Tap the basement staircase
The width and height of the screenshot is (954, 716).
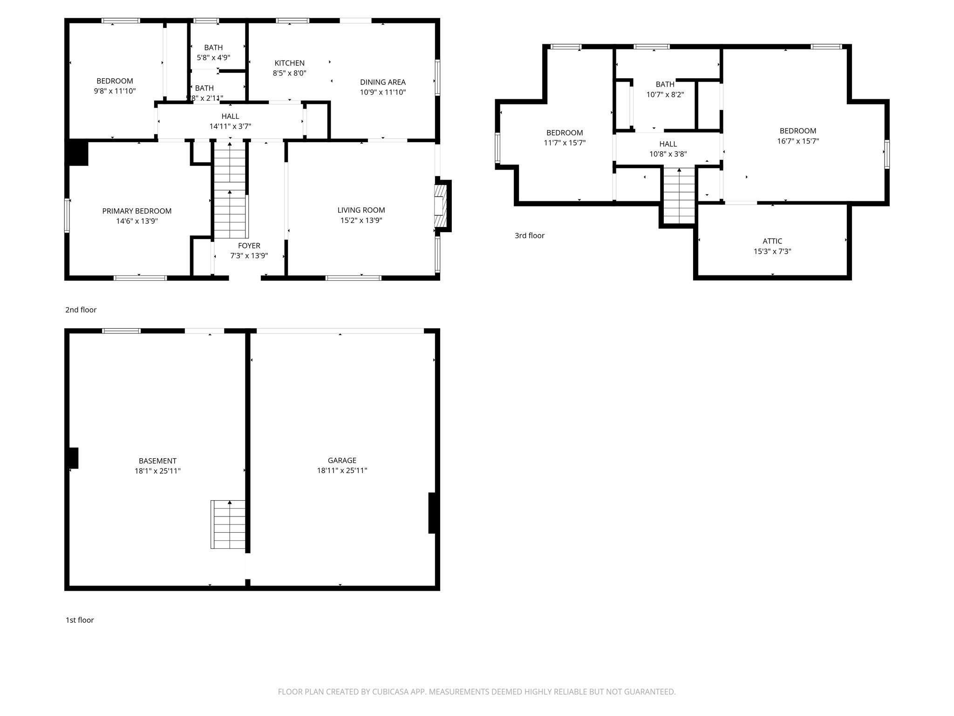click(228, 524)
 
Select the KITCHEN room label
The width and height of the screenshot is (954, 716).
click(289, 63)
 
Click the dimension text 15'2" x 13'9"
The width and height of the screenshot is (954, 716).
click(361, 220)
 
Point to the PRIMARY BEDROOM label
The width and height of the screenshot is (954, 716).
click(137, 211)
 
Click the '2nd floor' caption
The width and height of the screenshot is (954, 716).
click(81, 310)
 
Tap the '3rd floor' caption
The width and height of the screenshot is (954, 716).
click(529, 236)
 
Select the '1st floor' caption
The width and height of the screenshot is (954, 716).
click(80, 620)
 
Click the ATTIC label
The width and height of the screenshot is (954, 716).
click(772, 241)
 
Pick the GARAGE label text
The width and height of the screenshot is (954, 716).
click(342, 461)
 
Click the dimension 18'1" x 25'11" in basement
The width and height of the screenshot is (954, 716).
click(157, 471)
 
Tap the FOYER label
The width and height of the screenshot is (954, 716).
click(249, 246)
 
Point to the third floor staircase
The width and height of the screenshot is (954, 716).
click(679, 196)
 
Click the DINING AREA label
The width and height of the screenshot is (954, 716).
click(382, 82)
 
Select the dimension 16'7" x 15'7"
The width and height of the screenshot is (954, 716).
click(798, 141)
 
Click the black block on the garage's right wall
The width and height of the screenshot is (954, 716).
click(432, 513)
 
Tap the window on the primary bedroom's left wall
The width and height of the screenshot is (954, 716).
click(67, 215)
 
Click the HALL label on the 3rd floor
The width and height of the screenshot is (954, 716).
click(668, 144)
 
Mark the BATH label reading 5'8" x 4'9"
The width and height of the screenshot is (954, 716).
click(213, 48)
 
